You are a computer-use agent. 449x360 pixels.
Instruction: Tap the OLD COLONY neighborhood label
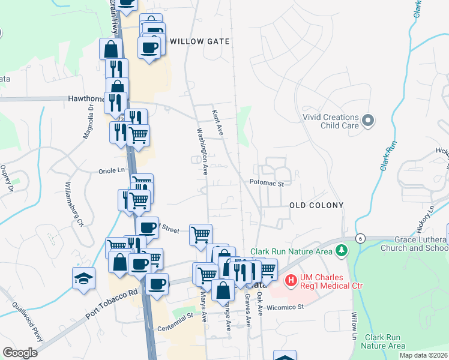(x=316, y=205)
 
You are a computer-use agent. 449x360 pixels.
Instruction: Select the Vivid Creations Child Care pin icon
(x=369, y=121)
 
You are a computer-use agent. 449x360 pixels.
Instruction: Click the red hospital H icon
(x=291, y=280)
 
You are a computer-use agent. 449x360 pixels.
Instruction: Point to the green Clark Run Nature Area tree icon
(x=342, y=250)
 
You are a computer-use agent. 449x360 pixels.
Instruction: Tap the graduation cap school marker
(x=83, y=278)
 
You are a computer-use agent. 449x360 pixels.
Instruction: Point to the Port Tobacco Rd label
(x=112, y=305)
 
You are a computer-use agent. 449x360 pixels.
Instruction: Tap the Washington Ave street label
(x=202, y=150)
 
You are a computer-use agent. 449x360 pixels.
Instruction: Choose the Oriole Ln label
(x=111, y=170)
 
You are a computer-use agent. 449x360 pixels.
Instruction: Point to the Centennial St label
(x=175, y=329)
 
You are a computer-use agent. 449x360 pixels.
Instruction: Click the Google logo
(x=20, y=353)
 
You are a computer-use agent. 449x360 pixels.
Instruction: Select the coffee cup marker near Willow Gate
(x=149, y=47)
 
